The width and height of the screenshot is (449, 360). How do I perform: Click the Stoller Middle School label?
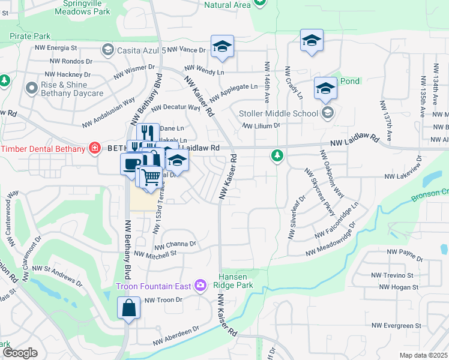[x=279, y=113]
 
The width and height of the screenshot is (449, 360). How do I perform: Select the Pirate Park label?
[x=30, y=36]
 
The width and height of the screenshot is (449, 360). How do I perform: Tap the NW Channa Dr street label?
[x=175, y=245]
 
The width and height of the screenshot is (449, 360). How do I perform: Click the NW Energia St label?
[x=56, y=47]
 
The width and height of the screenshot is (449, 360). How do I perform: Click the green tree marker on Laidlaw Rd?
[x=277, y=157]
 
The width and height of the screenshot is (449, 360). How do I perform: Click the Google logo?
[x=20, y=353]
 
